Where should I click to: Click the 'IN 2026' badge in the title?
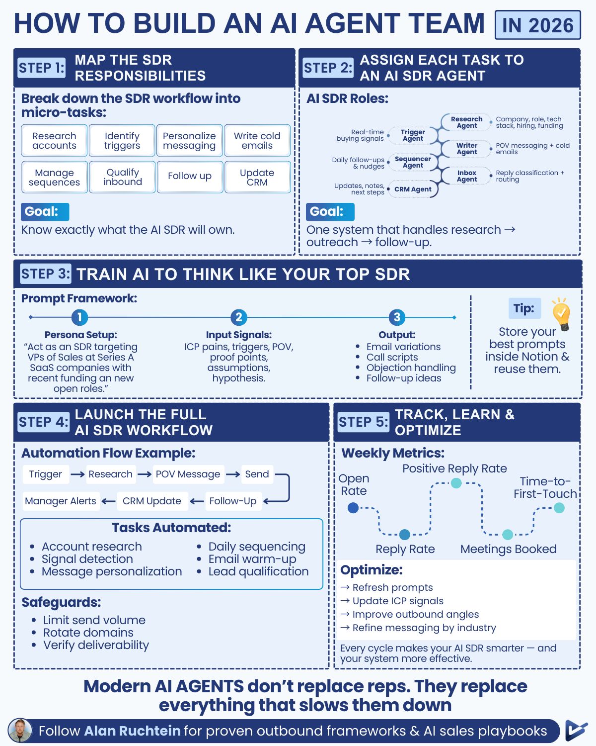click(x=537, y=25)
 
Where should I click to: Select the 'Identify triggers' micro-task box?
click(x=122, y=141)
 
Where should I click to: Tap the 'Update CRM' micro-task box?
click(x=257, y=177)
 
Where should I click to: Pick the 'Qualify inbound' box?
click(x=123, y=177)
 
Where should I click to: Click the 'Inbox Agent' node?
click(x=467, y=176)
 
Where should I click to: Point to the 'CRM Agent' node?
click(x=413, y=189)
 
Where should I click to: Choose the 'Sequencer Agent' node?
click(x=413, y=162)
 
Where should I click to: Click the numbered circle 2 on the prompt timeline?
click(x=238, y=317)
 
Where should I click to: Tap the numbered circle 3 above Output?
click(x=396, y=317)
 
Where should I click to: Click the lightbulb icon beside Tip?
click(x=561, y=314)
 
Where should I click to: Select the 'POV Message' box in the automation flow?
click(x=188, y=474)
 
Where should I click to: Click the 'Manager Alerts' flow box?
click(x=61, y=501)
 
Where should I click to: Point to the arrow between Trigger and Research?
click(x=77, y=474)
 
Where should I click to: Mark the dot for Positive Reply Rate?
click(x=456, y=483)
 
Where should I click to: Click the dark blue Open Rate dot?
click(x=353, y=508)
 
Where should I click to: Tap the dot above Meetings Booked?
click(x=508, y=535)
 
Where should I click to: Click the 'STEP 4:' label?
click(x=44, y=422)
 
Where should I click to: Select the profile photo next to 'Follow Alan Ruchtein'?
click(x=20, y=731)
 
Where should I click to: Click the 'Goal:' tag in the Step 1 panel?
click(x=45, y=211)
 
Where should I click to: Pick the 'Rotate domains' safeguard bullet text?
click(x=88, y=633)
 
